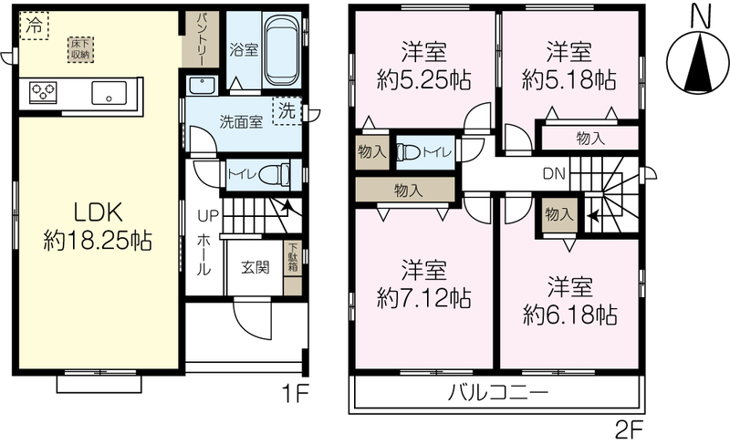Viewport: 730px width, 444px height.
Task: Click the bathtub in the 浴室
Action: [282, 49]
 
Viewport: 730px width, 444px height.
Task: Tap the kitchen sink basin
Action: [109, 93]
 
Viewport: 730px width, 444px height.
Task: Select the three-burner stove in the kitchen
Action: [43, 91]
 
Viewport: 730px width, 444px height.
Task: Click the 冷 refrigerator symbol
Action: [34, 26]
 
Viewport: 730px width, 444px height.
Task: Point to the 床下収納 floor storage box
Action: [80, 49]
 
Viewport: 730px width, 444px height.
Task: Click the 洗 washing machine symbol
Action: [287, 110]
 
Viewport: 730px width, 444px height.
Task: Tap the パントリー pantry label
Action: [202, 39]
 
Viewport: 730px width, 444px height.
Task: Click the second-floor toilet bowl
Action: [408, 152]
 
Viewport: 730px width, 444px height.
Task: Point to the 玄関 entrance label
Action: [255, 267]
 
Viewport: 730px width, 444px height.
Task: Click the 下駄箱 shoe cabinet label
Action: [293, 259]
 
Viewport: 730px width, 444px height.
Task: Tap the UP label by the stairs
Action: [208, 216]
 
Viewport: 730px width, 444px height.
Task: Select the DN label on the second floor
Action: [554, 174]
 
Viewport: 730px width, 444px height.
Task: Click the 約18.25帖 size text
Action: [98, 242]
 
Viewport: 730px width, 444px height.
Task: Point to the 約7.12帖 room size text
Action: [423, 298]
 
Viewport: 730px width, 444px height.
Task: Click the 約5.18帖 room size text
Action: [568, 80]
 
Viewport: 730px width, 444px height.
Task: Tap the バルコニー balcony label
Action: [498, 393]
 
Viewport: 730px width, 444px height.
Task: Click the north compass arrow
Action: [698, 62]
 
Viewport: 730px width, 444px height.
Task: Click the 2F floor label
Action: [629, 431]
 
